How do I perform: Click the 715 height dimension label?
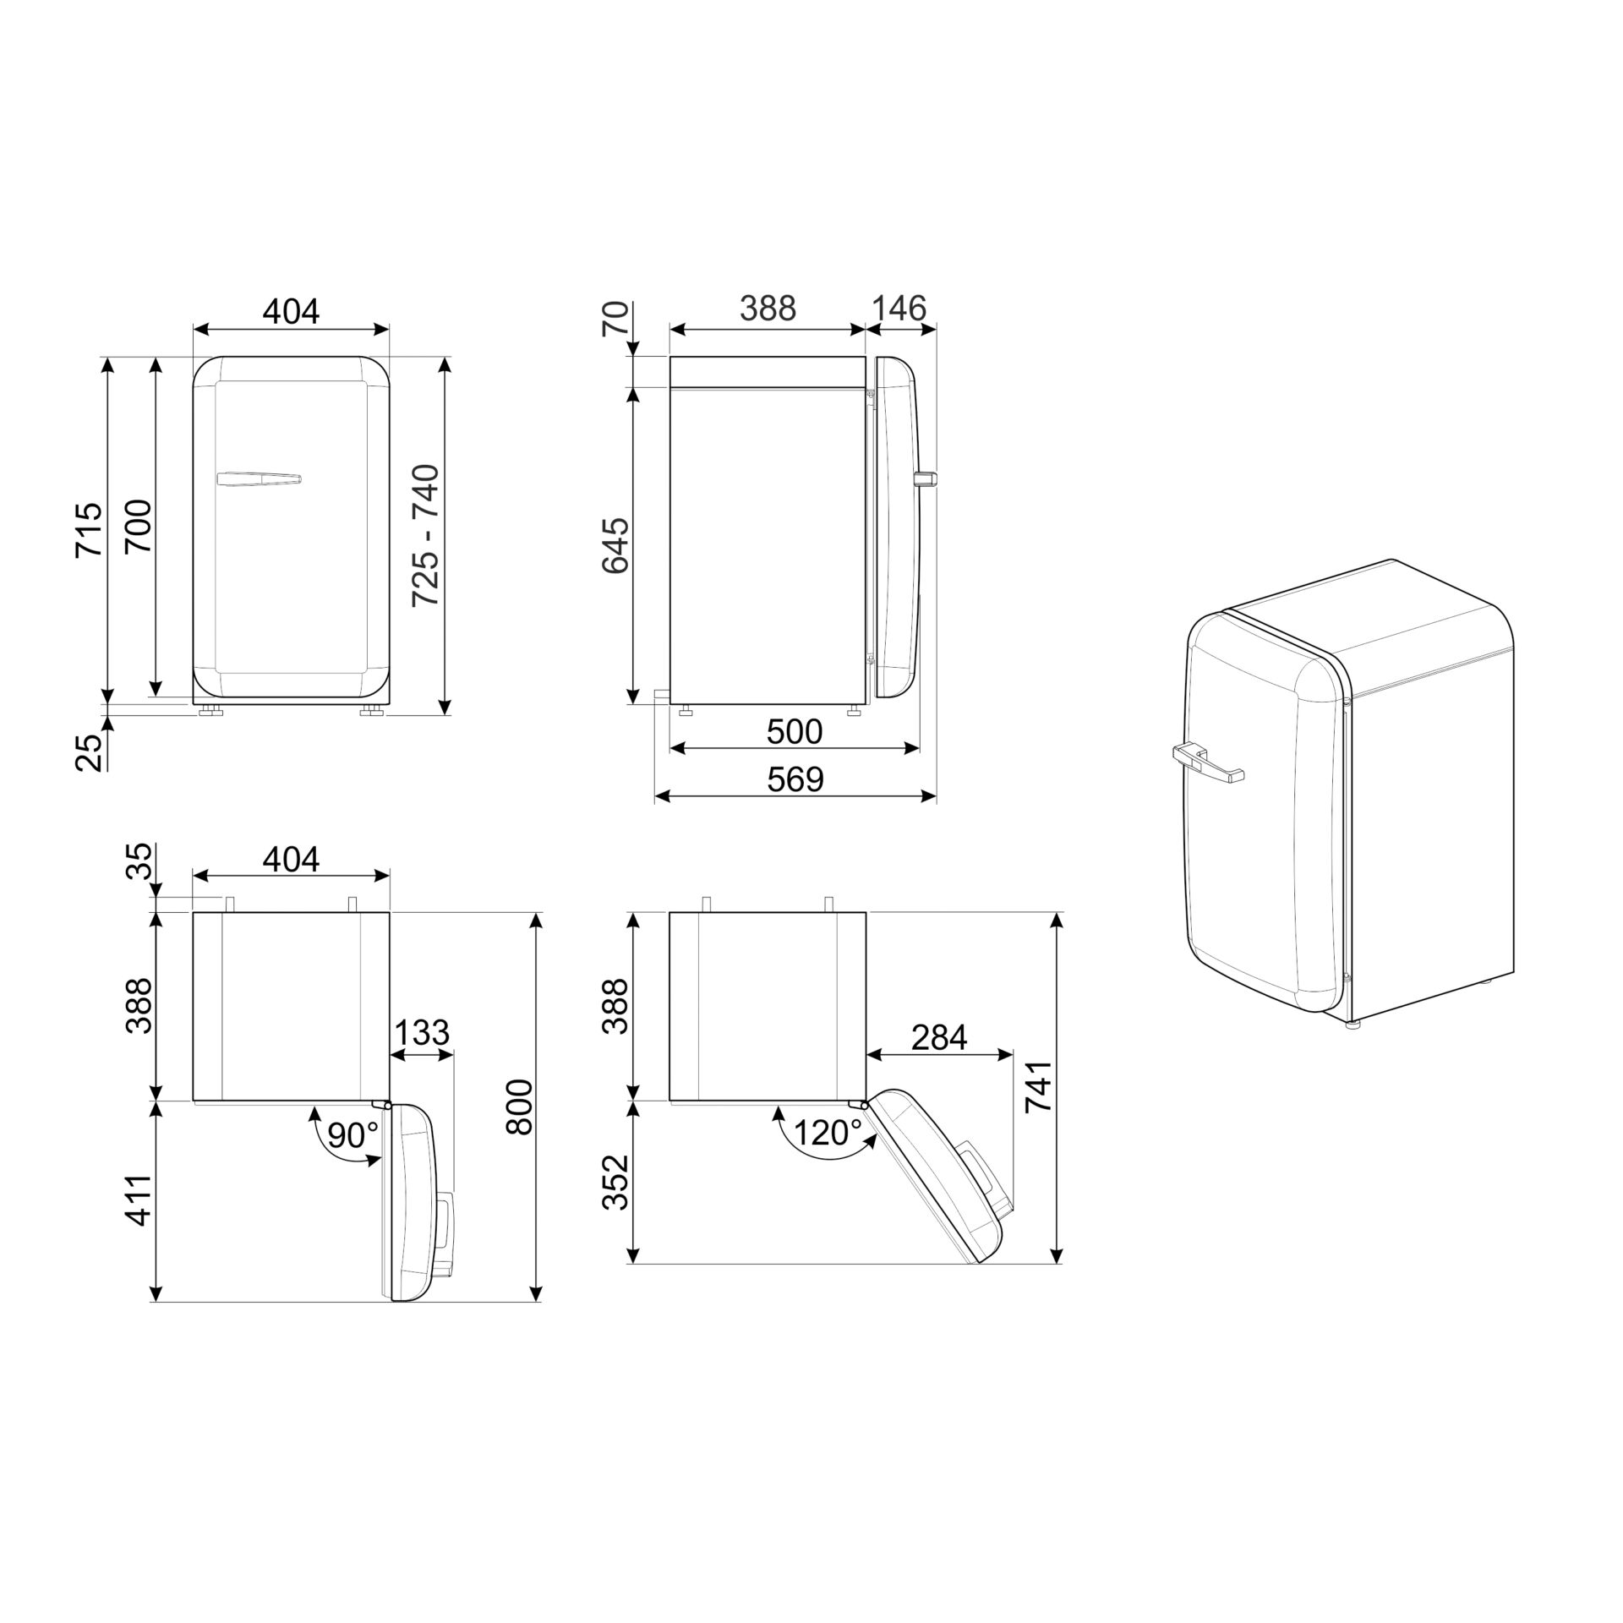pos(88,529)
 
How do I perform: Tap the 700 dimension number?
pos(138,527)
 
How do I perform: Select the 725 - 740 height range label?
pos(425,535)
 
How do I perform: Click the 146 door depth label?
pos(899,309)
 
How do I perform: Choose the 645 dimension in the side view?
pos(615,545)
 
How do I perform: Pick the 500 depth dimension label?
pos(794,731)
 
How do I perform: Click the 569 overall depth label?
pos(795,779)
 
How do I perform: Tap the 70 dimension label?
pos(615,320)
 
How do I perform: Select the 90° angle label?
pos(352,1135)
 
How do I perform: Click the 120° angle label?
pos(828,1132)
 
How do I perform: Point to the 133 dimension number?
pos(422,1033)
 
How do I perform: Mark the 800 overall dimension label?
pos(519,1107)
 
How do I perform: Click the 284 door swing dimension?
pos(939,1036)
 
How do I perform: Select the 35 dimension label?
pos(140,861)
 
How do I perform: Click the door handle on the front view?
pos(259,479)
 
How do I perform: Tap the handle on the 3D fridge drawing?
pos(1205,761)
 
